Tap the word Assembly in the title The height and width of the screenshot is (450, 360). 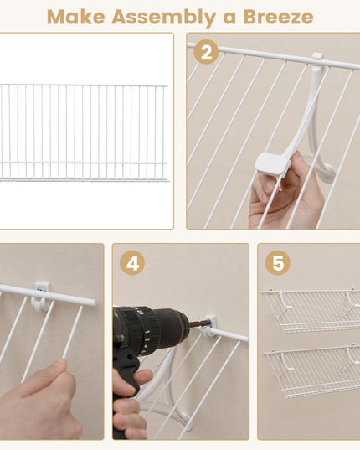coord(159,16)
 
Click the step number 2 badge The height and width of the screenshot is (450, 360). coord(206,52)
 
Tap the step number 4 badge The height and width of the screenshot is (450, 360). coord(131,263)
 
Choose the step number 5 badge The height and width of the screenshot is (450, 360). coord(277,263)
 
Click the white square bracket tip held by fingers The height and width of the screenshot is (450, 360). coord(271,163)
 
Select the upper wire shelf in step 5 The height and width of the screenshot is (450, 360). coord(311,310)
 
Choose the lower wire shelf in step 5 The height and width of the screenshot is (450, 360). coord(311,369)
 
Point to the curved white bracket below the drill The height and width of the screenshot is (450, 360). coord(163,394)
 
